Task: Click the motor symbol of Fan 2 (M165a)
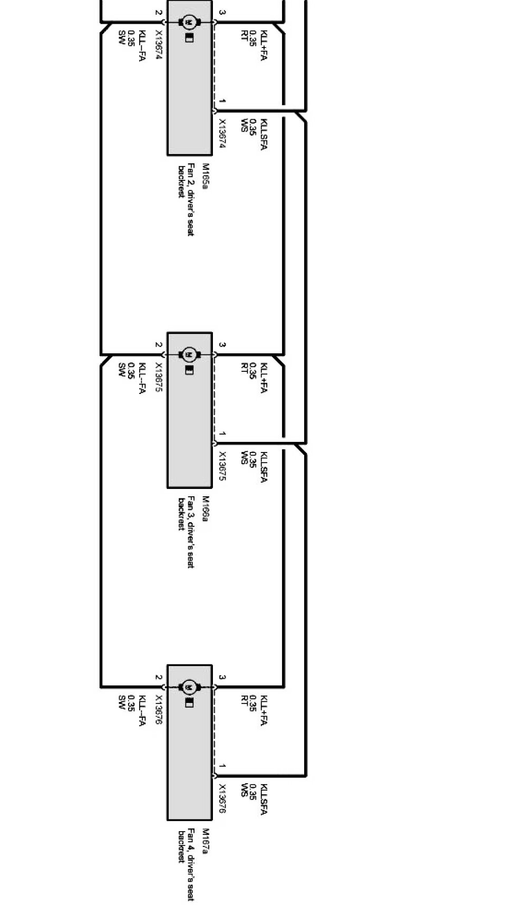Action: click(x=189, y=22)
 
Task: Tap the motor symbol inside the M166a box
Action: click(x=189, y=354)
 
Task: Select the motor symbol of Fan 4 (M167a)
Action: click(x=189, y=687)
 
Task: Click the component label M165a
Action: click(x=206, y=177)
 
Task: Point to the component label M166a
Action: click(x=206, y=509)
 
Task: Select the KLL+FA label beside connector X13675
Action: click(x=264, y=378)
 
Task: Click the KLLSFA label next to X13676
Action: click(x=264, y=800)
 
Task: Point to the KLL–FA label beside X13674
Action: click(x=142, y=46)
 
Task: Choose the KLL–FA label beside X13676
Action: click(x=142, y=711)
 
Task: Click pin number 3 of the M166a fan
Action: click(x=222, y=345)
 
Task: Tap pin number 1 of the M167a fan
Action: click(x=222, y=766)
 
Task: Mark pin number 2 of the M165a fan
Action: click(x=158, y=13)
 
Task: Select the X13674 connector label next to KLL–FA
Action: click(x=158, y=45)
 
